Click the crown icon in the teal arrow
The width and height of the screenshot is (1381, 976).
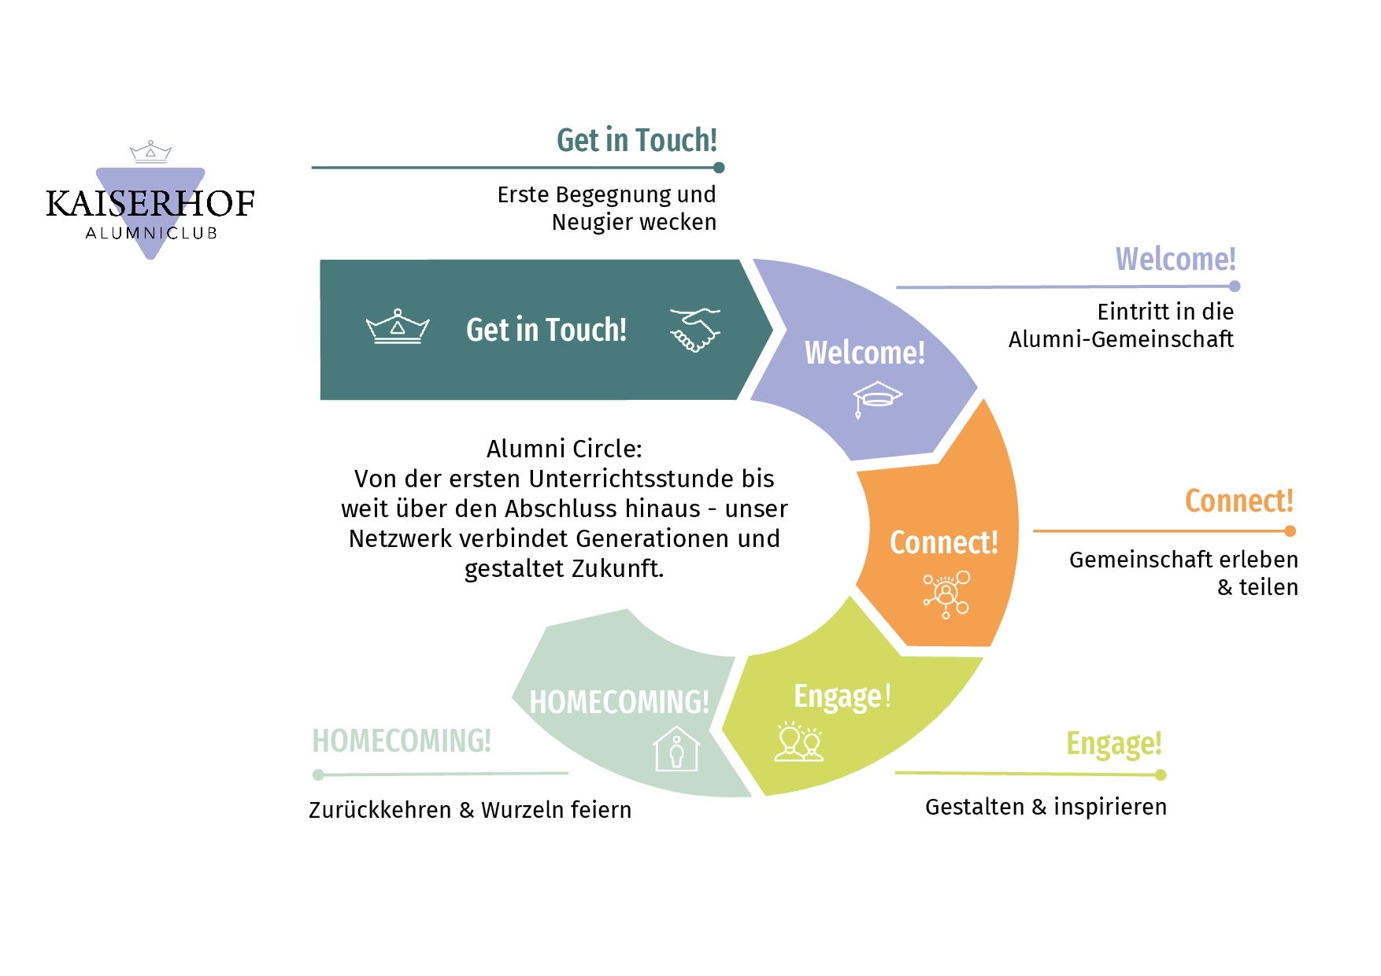pyautogui.click(x=398, y=327)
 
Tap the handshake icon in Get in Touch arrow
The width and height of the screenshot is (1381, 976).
pyautogui.click(x=694, y=329)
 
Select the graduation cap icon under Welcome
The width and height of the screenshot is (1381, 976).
pyautogui.click(x=876, y=397)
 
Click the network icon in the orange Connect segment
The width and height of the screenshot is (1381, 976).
pyautogui.click(x=946, y=594)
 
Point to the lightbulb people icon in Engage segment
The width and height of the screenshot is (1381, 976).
pyautogui.click(x=799, y=741)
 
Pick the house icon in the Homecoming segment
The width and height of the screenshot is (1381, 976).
pyautogui.click(x=676, y=749)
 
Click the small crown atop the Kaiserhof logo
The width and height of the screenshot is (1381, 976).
pyautogui.click(x=150, y=152)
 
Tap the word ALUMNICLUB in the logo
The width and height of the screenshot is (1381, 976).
pyautogui.click(x=151, y=233)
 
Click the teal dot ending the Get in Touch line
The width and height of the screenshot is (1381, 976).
pyautogui.click(x=719, y=168)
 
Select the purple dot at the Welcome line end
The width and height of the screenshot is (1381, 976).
pyautogui.click(x=1235, y=287)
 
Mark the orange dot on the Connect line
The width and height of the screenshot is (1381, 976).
pyautogui.click(x=1290, y=531)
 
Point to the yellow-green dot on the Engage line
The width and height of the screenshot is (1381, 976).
pyautogui.click(x=1161, y=775)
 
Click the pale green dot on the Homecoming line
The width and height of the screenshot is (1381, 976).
pyautogui.click(x=318, y=775)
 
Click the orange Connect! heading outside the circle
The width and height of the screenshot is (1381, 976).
pyautogui.click(x=1238, y=501)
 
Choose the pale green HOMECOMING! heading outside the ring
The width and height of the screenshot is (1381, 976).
pyautogui.click(x=402, y=741)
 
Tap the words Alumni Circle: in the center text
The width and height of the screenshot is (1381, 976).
pyautogui.click(x=564, y=449)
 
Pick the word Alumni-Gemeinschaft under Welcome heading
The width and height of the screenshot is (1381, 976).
pyautogui.click(x=1120, y=339)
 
